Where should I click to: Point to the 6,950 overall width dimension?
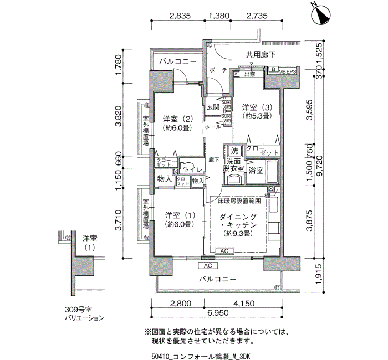218,313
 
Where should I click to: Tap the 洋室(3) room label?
256,111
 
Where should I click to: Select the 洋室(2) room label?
177,123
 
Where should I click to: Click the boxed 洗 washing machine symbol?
234,151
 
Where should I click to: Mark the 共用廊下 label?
261,54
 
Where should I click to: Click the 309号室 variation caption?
80,313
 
